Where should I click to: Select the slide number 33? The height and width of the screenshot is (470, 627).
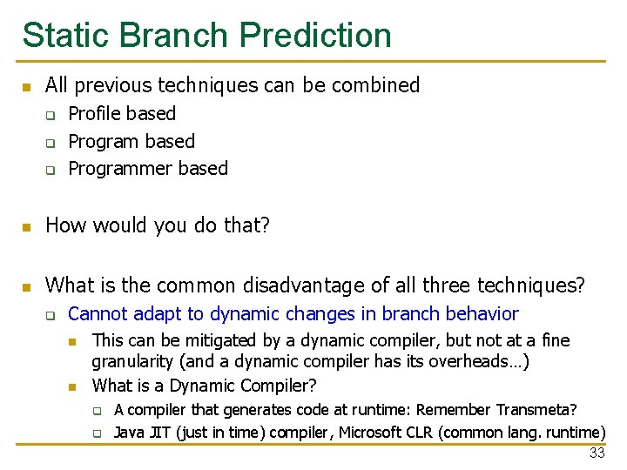(x=597, y=453)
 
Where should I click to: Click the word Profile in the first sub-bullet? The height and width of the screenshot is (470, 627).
(x=92, y=114)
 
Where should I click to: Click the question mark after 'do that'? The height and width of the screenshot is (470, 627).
(x=266, y=226)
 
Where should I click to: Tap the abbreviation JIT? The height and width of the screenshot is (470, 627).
(x=159, y=433)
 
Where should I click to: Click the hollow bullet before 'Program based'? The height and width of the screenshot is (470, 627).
(x=51, y=142)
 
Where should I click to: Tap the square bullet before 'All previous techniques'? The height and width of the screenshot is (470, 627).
(x=27, y=87)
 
